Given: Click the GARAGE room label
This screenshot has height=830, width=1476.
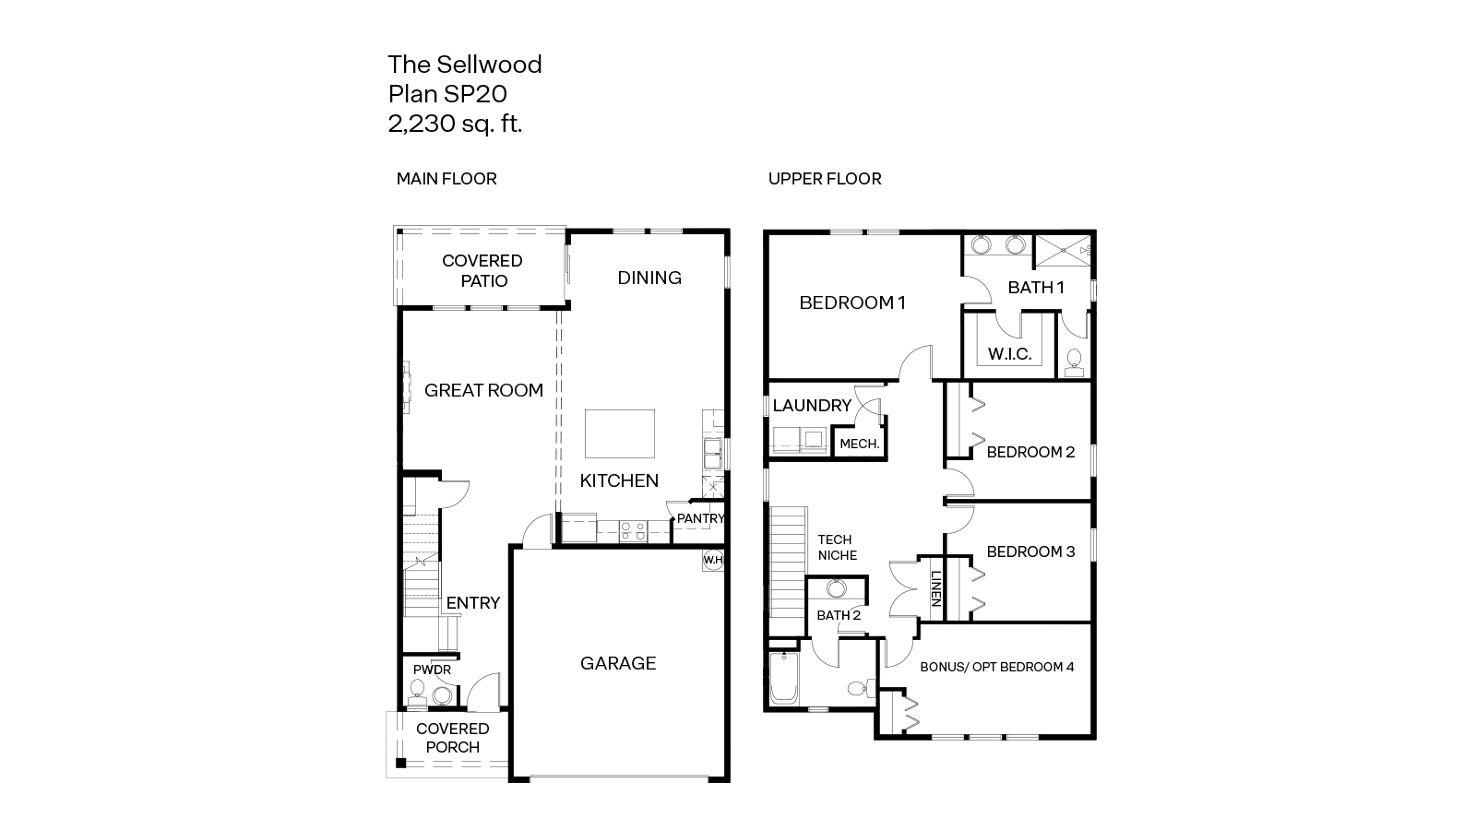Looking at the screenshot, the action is (x=618, y=663).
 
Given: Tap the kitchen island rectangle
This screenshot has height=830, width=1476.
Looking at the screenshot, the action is (x=619, y=433).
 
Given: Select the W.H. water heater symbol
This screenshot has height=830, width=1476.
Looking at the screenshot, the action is (x=714, y=560).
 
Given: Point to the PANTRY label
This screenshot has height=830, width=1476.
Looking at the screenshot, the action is (x=700, y=518).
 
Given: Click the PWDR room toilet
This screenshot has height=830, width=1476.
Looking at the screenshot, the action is (x=416, y=693).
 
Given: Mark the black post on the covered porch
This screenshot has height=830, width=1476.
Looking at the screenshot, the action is (x=400, y=763).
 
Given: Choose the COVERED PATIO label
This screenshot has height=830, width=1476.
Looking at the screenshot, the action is (x=482, y=271).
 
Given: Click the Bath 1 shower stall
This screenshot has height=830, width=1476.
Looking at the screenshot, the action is (x=1064, y=250).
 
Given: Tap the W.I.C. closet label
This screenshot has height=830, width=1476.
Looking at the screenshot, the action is (x=1009, y=354).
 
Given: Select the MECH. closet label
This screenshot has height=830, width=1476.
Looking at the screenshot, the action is (x=859, y=444).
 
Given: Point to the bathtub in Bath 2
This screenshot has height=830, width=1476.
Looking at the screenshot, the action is (x=784, y=677).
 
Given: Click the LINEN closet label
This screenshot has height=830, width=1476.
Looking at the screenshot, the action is (x=935, y=588).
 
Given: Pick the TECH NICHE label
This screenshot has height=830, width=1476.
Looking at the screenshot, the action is (x=837, y=548).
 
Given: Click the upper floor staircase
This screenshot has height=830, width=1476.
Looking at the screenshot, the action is (x=788, y=571).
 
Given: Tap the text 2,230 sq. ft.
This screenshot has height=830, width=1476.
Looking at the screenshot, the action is (x=455, y=124).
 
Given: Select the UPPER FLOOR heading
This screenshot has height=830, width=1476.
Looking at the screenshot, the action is (x=825, y=179).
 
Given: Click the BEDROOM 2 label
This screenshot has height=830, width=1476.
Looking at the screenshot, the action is (x=1030, y=452).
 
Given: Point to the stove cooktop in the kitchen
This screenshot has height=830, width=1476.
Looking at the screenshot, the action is (x=633, y=531).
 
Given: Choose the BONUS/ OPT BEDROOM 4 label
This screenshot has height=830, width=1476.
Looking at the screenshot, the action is (x=997, y=667).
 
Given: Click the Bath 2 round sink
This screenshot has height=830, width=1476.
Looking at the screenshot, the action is (x=836, y=588).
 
